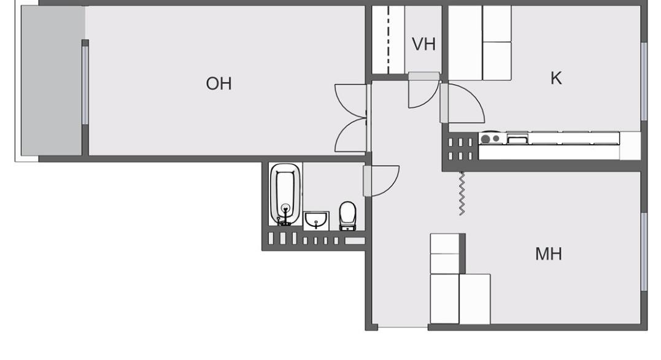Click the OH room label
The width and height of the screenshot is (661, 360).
[x=218, y=84]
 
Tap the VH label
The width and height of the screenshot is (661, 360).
[x=423, y=44]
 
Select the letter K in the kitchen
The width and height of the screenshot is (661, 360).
[x=556, y=79]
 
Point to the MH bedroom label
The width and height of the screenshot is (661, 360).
[x=549, y=254]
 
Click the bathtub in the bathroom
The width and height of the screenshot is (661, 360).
[x=285, y=194]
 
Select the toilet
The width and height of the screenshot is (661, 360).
[x=348, y=216]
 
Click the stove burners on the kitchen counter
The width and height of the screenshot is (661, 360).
[x=491, y=139]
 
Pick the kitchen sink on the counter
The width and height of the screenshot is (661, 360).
[x=517, y=139]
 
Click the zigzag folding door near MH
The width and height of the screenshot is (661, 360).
[x=462, y=193]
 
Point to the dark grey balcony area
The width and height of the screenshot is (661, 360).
[x=52, y=81]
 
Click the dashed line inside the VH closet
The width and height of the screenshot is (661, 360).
[x=388, y=40]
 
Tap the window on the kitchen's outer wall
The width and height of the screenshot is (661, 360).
[x=644, y=82]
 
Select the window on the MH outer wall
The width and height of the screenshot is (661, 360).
[x=644, y=252]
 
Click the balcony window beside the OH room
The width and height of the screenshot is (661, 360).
[x=85, y=85]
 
